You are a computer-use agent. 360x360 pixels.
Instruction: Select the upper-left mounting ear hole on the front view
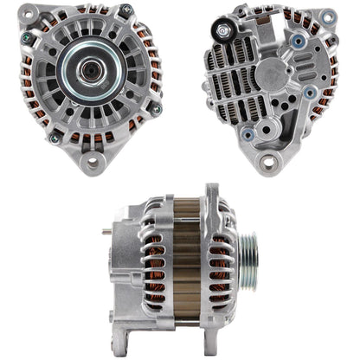[31, 17]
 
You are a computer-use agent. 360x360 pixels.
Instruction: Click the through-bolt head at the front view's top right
[127, 10]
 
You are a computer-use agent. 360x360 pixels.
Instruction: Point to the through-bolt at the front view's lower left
[55, 137]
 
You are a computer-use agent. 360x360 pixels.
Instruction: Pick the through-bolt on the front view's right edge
[157, 110]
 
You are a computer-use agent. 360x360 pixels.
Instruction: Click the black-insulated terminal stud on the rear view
[225, 32]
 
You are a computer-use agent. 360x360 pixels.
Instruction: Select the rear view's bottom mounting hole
[268, 162]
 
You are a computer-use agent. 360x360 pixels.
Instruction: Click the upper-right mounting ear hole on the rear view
[328, 16]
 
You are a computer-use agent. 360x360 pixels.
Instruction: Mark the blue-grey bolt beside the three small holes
[309, 92]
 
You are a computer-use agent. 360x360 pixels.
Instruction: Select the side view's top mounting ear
[210, 194]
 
